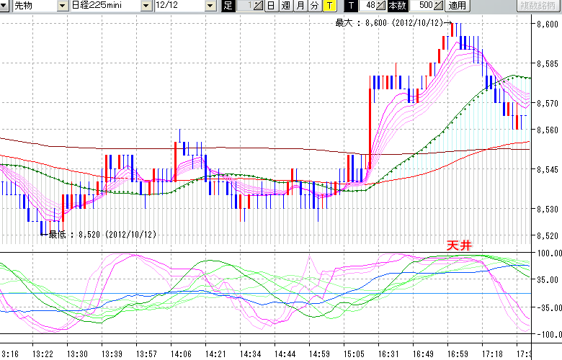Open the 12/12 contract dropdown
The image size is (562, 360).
tap(184, 6)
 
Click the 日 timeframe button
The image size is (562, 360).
tap(271, 6)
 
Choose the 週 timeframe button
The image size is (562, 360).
tap(285, 6)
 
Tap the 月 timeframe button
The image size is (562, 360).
tap(300, 6)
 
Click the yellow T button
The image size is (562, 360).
tap(329, 6)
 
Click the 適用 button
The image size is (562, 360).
tap(457, 6)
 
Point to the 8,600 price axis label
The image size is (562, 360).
tap(547, 24)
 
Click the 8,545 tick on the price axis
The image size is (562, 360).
tap(547, 170)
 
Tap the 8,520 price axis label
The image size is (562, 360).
tap(547, 235)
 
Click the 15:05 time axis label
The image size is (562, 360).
tap(354, 354)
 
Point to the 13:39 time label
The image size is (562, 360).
tap(112, 354)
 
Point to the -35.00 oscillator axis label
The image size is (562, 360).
tap(546, 307)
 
